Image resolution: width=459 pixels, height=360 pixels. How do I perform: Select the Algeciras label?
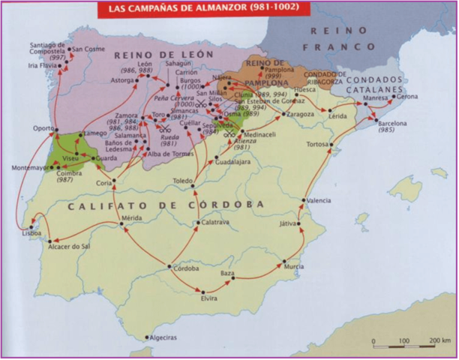[x=163, y=339]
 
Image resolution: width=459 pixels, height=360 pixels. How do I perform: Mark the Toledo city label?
[x=184, y=181]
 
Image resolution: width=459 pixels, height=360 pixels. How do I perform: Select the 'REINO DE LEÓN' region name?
[x=163, y=55]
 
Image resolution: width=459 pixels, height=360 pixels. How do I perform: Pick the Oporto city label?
[x=43, y=127]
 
